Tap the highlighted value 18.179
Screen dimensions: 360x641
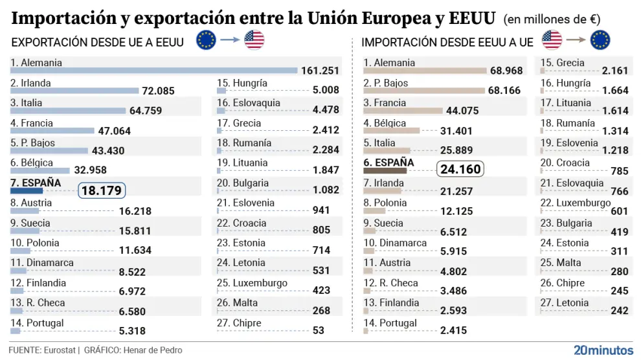tap(102, 191)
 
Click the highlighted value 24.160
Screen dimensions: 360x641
tap(460, 170)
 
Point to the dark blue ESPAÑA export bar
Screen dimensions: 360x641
tap(27, 191)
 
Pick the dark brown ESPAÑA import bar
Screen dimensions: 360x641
tap(385, 171)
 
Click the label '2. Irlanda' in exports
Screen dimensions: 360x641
tap(30, 83)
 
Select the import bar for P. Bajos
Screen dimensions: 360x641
tap(424, 91)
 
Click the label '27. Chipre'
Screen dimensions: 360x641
tap(239, 323)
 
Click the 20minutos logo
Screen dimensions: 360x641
tap(603, 350)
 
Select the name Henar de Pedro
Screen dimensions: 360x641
tap(152, 350)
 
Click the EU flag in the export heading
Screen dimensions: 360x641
tap(207, 41)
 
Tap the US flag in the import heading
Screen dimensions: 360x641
tap(552, 41)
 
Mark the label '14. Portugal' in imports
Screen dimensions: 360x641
tap(390, 323)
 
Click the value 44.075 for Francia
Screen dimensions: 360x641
tap(461, 111)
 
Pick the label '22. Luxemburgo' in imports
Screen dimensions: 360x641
tap(576, 203)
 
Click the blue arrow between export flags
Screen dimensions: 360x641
tap(230, 41)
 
